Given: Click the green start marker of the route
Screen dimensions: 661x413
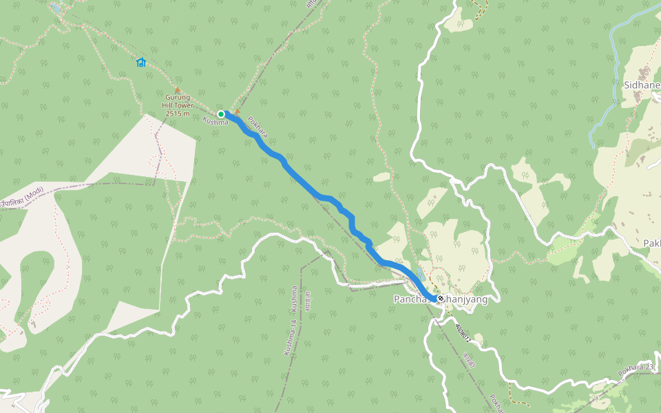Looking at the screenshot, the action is coord(221,114).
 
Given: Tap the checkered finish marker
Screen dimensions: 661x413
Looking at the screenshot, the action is coord(440,299).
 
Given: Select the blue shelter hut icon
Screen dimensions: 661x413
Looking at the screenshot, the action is coord(141,63).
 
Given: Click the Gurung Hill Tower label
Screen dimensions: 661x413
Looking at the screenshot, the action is coord(178,101).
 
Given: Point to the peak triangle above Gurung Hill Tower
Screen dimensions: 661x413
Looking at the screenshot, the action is coord(178,90).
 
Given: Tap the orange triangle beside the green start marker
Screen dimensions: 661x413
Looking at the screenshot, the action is coord(238,110).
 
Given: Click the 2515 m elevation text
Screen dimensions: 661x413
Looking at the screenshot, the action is coord(178,113).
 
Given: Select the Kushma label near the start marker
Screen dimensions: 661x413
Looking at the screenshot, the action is coord(216,122).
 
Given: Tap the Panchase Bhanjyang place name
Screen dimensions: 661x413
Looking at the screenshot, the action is coord(441,299).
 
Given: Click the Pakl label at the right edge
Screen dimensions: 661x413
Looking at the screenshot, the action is coord(651,244).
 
